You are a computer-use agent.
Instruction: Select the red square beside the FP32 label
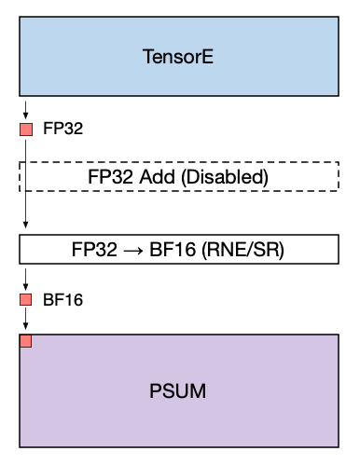[x=26, y=129]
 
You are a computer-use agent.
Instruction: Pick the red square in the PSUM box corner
[x=26, y=341]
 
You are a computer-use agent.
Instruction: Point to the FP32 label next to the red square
[x=62, y=129]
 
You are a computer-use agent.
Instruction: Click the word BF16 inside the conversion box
[x=176, y=251]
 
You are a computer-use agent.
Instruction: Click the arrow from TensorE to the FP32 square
[x=26, y=108]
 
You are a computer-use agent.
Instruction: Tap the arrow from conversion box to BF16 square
[x=26, y=278]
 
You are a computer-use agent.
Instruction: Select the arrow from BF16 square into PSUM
[x=26, y=319]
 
